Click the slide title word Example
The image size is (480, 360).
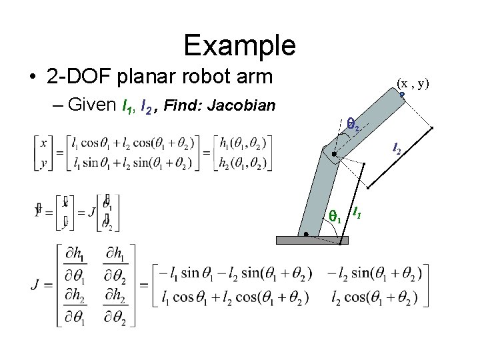(239, 45)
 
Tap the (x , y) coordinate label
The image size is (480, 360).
(413, 83)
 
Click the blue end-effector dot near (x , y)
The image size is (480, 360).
(403, 95)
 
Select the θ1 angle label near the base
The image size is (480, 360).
(335, 217)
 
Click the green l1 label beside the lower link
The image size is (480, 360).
(357, 213)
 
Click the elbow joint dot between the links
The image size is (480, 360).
(334, 155)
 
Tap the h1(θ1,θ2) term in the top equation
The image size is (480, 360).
(237, 143)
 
